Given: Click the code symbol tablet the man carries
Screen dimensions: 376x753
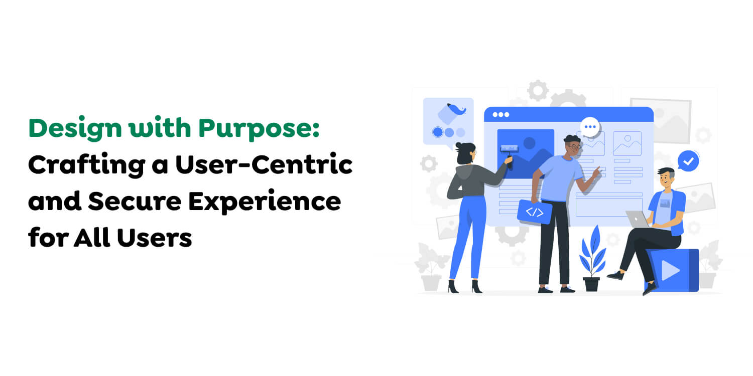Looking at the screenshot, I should (x=535, y=212).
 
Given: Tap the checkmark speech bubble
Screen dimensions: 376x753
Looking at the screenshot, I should (x=688, y=161).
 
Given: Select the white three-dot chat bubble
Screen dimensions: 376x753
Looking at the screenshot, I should (x=590, y=126).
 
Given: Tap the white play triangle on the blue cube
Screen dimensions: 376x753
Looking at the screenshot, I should (x=670, y=271).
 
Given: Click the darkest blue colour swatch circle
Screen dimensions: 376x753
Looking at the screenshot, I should (x=438, y=132).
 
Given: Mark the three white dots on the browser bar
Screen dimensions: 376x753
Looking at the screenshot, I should (x=500, y=115).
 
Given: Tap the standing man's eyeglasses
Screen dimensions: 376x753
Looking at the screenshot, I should (x=575, y=146).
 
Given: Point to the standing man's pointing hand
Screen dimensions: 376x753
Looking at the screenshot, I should (x=596, y=171).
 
